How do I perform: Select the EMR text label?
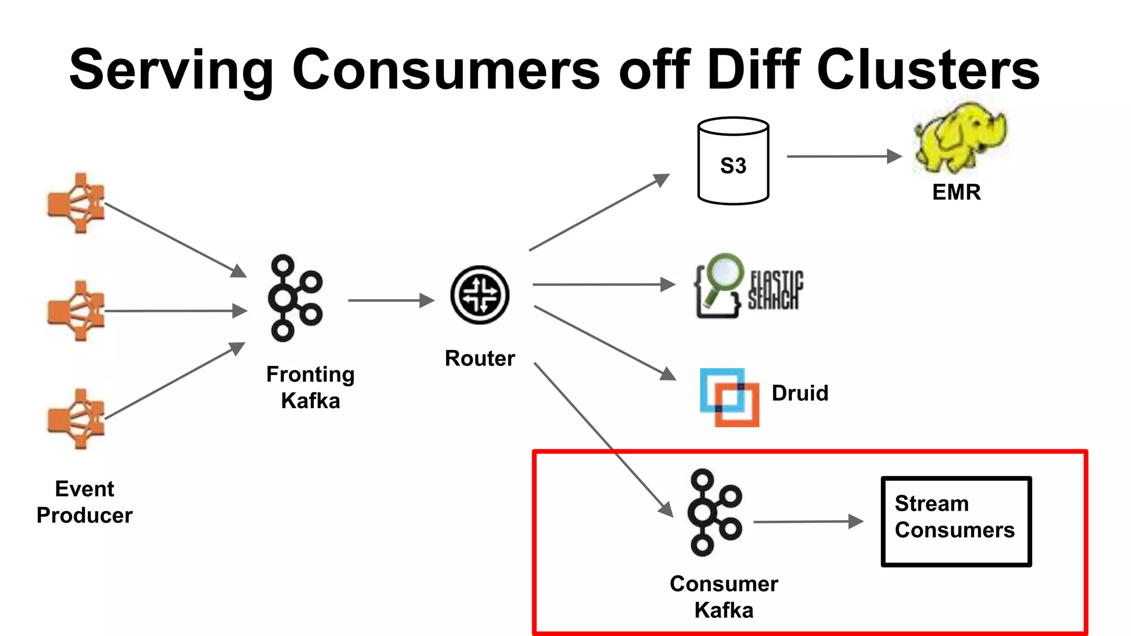pyautogui.click(x=956, y=192)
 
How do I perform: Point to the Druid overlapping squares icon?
pyautogui.click(x=729, y=397)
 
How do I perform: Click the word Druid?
pyautogui.click(x=800, y=393)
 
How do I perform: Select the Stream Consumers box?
pyautogui.click(x=956, y=521)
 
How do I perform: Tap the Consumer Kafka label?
pyautogui.click(x=723, y=597)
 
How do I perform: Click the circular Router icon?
pyautogui.click(x=479, y=295)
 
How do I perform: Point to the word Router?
pyautogui.click(x=479, y=358)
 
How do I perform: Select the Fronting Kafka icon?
pyautogui.click(x=294, y=298)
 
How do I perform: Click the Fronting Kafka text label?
pyautogui.click(x=310, y=387)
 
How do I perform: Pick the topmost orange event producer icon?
pyautogui.click(x=76, y=203)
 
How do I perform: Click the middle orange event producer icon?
pyautogui.click(x=76, y=311)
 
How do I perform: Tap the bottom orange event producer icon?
pyautogui.click(x=76, y=418)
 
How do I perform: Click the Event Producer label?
pyautogui.click(x=84, y=502)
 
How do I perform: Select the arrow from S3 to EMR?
pyautogui.click(x=843, y=157)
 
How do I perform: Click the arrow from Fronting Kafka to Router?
pyautogui.click(x=390, y=300)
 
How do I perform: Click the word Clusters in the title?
pyautogui.click(x=928, y=70)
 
